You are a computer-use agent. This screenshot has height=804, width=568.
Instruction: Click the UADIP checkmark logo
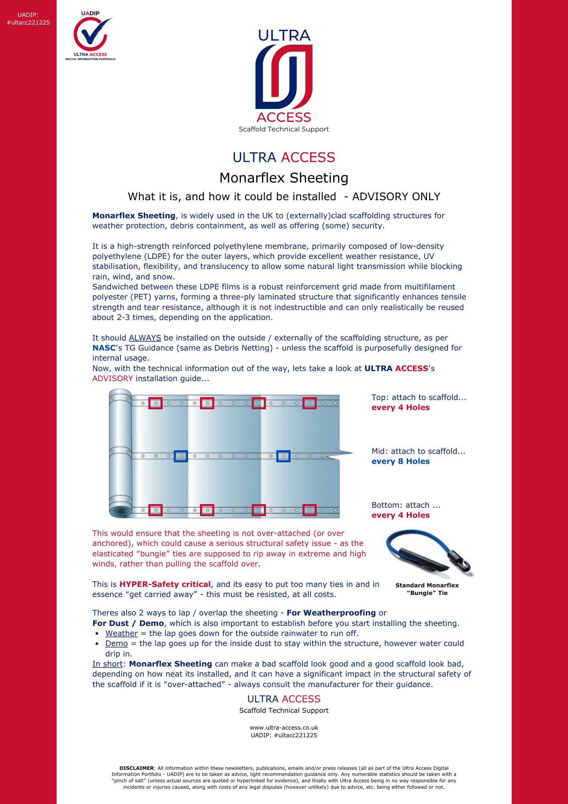tap(90, 35)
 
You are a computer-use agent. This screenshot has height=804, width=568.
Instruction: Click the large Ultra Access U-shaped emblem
tap(284, 76)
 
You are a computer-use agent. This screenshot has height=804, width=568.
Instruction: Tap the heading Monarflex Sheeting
tap(284, 178)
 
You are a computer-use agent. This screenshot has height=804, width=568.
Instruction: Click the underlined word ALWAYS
tap(145, 338)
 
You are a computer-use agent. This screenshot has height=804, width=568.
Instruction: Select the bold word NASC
tap(104, 348)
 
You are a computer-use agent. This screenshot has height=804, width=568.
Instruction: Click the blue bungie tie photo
tap(429, 554)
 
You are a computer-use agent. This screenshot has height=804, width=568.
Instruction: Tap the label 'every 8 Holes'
tap(400, 461)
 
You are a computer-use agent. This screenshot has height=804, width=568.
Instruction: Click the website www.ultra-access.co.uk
tap(284, 728)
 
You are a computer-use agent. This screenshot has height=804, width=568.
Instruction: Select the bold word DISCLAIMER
tap(137, 768)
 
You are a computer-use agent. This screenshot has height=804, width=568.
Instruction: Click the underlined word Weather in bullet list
tap(121, 634)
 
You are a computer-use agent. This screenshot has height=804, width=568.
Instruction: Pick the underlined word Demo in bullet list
tap(116, 644)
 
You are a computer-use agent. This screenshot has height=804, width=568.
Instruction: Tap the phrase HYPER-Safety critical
tap(165, 585)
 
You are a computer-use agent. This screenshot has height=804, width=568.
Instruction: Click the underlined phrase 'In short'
tap(107, 664)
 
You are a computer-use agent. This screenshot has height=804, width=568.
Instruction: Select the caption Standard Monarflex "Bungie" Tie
tap(427, 589)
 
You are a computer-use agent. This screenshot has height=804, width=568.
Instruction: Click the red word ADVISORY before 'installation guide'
tap(112, 379)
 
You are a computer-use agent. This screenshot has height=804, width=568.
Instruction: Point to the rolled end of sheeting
tap(120, 453)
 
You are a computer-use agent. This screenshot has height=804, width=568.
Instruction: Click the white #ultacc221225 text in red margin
tap(28, 23)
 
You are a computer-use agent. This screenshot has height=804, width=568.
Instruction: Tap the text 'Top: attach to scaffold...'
tap(419, 398)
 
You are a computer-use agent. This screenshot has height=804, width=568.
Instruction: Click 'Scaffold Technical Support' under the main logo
tap(284, 129)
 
